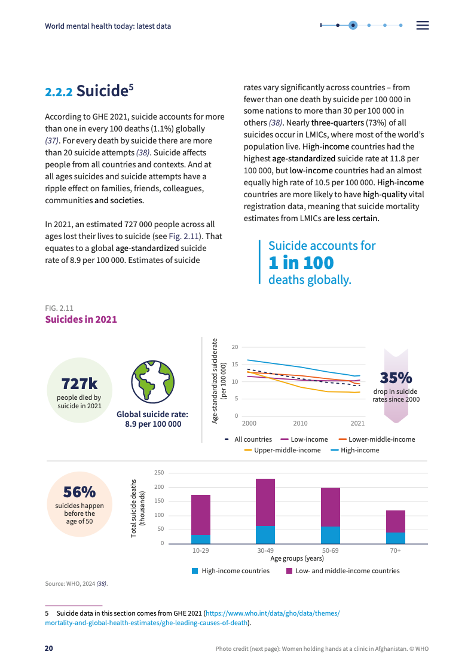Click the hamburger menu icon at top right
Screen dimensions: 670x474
(x=423, y=25)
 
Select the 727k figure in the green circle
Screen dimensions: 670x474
(x=79, y=383)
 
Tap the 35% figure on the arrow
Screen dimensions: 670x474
(x=396, y=378)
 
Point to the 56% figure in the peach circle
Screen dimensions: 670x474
(x=79, y=492)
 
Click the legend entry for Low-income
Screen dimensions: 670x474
(x=304, y=439)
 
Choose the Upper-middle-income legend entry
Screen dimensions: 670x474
(x=287, y=450)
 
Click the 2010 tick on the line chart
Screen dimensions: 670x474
(x=300, y=423)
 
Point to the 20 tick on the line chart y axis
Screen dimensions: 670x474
(x=235, y=347)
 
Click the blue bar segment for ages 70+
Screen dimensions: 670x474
(x=395, y=538)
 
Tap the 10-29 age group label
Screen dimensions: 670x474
(x=200, y=550)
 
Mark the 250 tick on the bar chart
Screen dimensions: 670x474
(x=159, y=473)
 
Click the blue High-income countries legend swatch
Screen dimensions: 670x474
(x=195, y=571)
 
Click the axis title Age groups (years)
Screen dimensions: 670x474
(x=297, y=558)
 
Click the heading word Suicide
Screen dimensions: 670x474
(x=102, y=91)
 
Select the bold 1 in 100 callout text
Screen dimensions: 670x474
(x=301, y=262)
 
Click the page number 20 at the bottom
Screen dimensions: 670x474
(x=49, y=648)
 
